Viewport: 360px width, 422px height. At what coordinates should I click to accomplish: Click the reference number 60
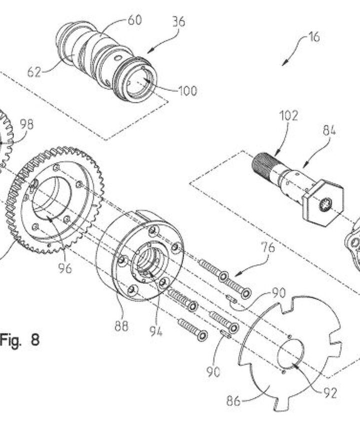tap(134, 20)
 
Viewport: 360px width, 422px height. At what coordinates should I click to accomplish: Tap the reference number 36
tap(178, 21)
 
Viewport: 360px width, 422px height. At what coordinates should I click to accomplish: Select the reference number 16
tap(314, 36)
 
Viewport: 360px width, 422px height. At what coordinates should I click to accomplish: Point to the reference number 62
tap(34, 72)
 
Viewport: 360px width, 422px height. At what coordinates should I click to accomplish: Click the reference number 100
tap(188, 91)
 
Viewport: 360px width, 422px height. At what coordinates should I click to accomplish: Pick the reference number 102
tap(288, 116)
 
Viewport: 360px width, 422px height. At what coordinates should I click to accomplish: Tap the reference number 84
tap(329, 130)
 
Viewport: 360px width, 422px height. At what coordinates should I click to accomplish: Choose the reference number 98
tap(27, 124)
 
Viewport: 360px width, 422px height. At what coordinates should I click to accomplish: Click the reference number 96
tap(65, 268)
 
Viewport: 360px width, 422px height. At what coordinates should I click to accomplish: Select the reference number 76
tap(268, 247)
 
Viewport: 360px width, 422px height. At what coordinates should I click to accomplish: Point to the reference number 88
tap(121, 326)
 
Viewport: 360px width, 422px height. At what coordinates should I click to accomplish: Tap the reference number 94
tap(156, 331)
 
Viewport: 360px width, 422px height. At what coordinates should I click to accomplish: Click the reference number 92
tap(330, 393)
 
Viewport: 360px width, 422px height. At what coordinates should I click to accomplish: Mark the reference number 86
tap(233, 401)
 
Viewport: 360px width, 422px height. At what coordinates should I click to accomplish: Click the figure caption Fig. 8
tap(19, 340)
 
